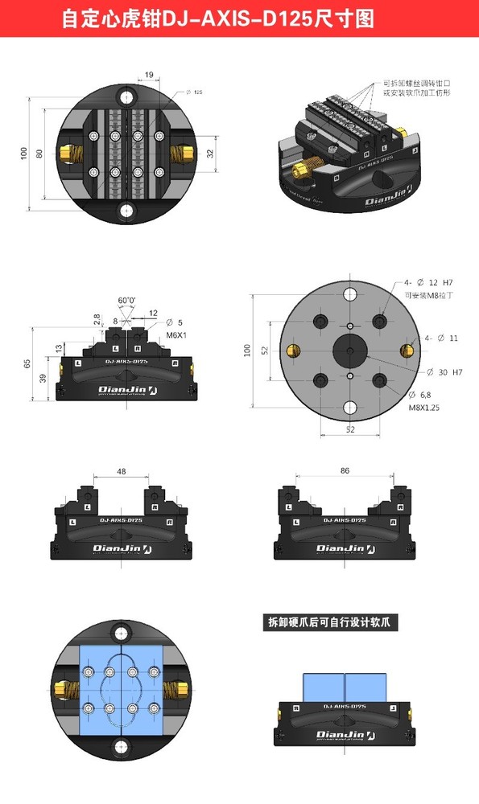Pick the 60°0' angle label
click(126, 300)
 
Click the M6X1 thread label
click(176, 334)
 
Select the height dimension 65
click(27, 363)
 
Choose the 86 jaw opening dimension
click(345, 470)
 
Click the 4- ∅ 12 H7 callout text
click(429, 282)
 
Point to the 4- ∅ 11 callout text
click(442, 338)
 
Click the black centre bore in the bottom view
click(350, 351)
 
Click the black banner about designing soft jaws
click(333, 621)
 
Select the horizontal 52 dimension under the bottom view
click(350, 430)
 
